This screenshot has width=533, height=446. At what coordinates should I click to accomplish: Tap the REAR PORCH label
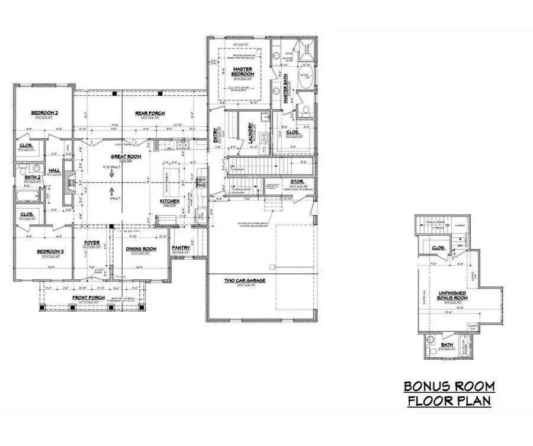149,114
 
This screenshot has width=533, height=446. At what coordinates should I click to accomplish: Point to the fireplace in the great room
69,179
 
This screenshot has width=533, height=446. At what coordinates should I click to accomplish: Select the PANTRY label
181,248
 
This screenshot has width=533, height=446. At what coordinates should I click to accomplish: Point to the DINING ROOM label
141,248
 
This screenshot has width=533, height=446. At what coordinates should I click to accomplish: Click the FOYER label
91,242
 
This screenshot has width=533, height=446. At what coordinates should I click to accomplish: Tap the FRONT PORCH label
88,298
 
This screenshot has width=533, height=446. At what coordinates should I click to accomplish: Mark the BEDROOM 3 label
50,252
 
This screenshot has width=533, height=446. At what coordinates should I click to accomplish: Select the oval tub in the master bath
306,80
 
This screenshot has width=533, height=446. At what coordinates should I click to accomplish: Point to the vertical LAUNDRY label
251,130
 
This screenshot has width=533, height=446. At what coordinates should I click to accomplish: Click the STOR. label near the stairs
297,182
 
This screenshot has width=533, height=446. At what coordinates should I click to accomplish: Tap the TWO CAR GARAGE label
244,280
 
